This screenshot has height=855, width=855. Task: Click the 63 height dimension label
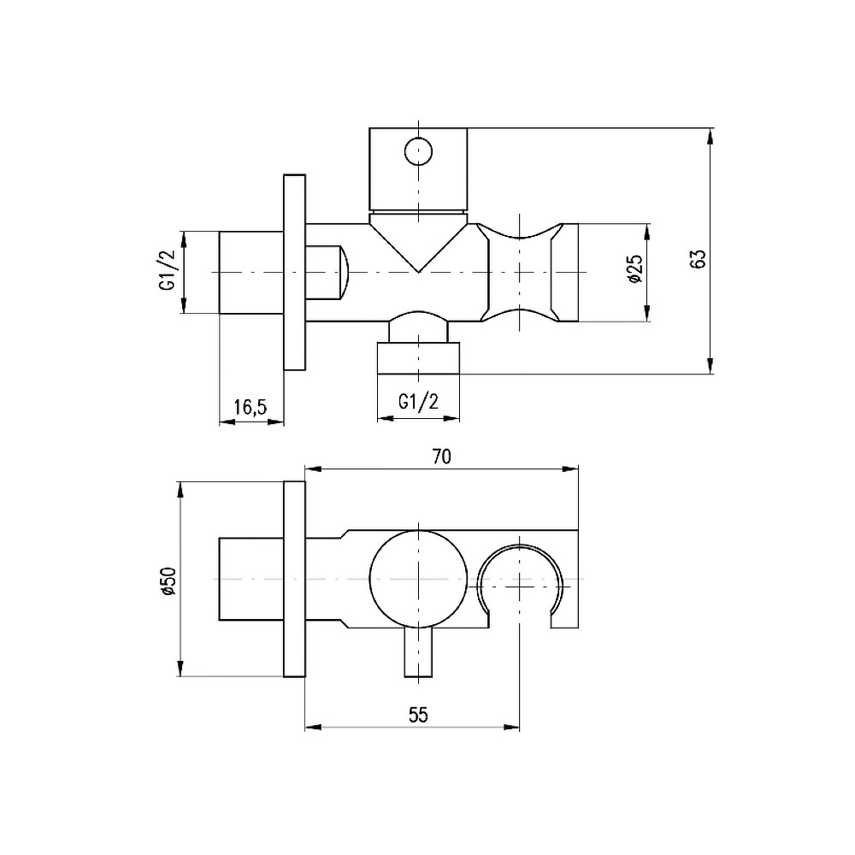tap(698, 258)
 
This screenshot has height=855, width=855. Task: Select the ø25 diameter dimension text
tap(636, 268)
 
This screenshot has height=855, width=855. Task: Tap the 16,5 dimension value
tap(251, 407)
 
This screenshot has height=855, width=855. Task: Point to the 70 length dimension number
tap(442, 457)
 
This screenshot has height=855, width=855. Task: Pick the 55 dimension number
tap(418, 714)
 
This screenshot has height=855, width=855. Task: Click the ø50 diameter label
tap(168, 581)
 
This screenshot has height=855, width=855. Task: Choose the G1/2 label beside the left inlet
tap(168, 270)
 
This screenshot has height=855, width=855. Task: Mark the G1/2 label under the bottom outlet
tap(418, 403)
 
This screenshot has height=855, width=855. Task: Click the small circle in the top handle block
tap(418, 150)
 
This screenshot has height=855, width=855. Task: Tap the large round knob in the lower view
tap(418, 579)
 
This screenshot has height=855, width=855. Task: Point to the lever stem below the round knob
tap(418, 652)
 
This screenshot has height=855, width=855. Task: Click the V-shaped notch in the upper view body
tap(418, 243)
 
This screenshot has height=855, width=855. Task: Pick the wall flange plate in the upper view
tap(294, 273)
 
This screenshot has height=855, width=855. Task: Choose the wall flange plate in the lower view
tap(294, 580)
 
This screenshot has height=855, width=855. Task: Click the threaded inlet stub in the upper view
tap(251, 273)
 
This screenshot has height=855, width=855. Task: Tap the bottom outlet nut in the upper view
tap(418, 358)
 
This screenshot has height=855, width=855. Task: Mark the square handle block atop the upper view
tap(418, 169)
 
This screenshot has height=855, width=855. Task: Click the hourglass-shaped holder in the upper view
tap(520, 272)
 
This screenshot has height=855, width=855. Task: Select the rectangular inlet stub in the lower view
tap(251, 579)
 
